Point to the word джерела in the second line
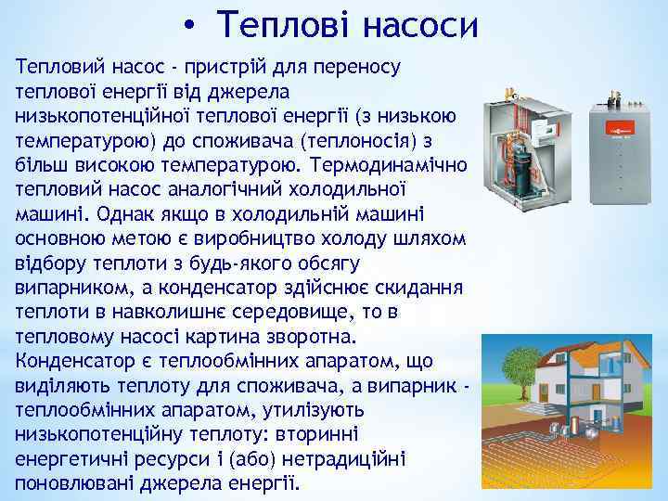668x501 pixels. [x=252, y=92]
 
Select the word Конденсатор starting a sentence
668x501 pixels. [x=71, y=359]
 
